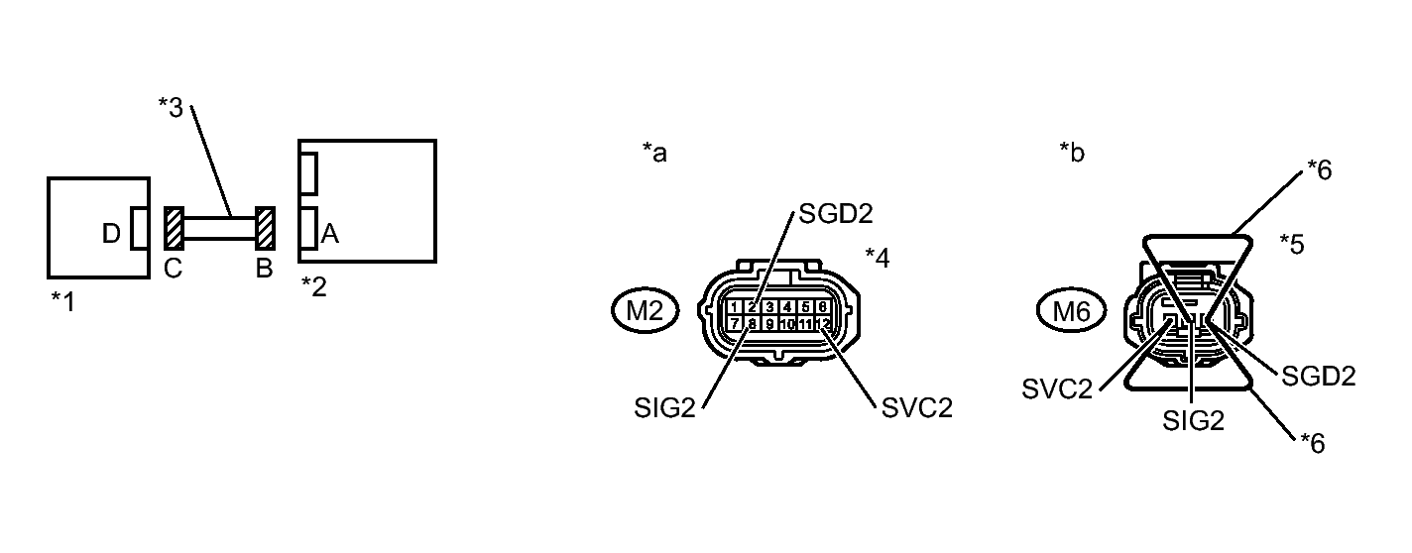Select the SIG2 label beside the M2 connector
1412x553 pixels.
[x=666, y=407]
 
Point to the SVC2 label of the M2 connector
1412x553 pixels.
[x=916, y=407]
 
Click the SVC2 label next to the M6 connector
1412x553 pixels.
[x=1056, y=387]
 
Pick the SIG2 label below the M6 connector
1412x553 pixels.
[x=1193, y=421]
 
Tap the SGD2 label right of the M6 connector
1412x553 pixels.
[x=1319, y=377]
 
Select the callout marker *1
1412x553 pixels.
[x=62, y=300]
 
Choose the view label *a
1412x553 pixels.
[x=654, y=153]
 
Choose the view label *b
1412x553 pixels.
[x=1072, y=153]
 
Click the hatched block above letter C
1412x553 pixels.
[x=173, y=228]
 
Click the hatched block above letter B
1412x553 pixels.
[x=265, y=228]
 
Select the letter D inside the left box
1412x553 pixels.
[x=112, y=235]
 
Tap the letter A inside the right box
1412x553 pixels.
[x=330, y=235]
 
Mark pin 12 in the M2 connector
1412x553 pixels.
[x=824, y=323]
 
